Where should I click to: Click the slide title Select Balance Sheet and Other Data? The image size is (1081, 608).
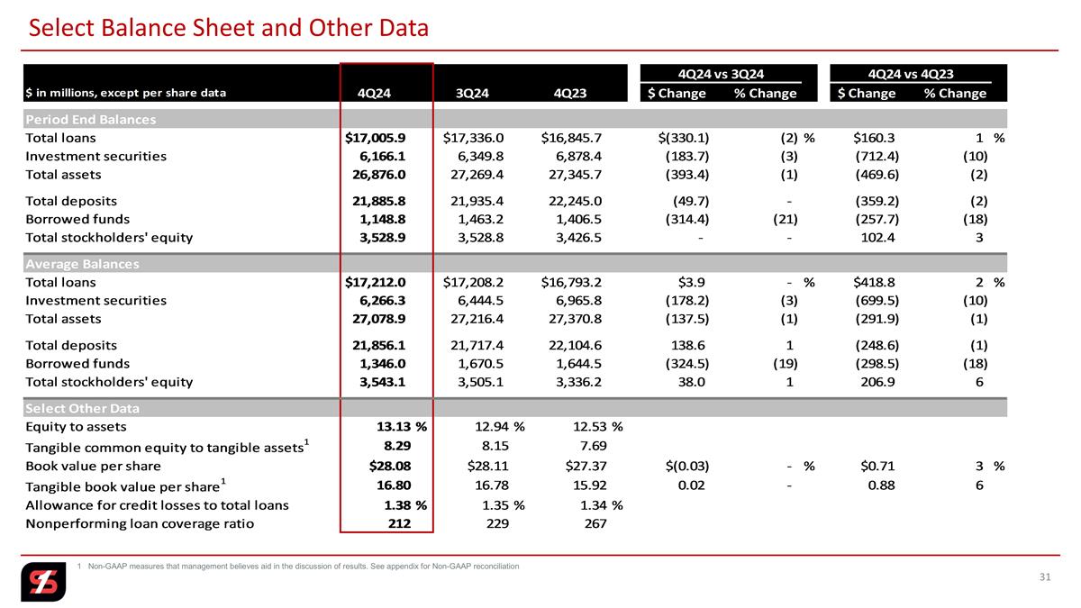point(229,28)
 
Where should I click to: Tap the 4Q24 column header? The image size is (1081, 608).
point(374,93)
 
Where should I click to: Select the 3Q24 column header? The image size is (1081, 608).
point(472,93)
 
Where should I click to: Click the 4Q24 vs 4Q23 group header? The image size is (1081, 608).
point(911,74)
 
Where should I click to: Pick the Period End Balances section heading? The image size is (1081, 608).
point(91,119)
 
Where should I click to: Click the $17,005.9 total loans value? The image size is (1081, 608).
point(376,138)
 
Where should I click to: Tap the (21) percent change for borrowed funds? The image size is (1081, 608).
point(786,220)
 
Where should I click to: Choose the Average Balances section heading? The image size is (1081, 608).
point(83,264)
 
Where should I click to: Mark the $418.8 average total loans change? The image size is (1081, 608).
point(874,282)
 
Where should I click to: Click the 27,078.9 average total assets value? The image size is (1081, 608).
point(379,319)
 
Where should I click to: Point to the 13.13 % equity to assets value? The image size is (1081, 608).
point(402,427)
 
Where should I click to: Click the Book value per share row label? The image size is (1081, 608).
point(93,467)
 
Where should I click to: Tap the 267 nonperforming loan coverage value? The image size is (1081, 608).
point(595,523)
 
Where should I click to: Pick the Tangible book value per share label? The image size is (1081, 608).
point(125,485)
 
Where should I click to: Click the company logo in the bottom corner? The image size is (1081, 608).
point(43,582)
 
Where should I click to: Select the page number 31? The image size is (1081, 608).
point(1045,577)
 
